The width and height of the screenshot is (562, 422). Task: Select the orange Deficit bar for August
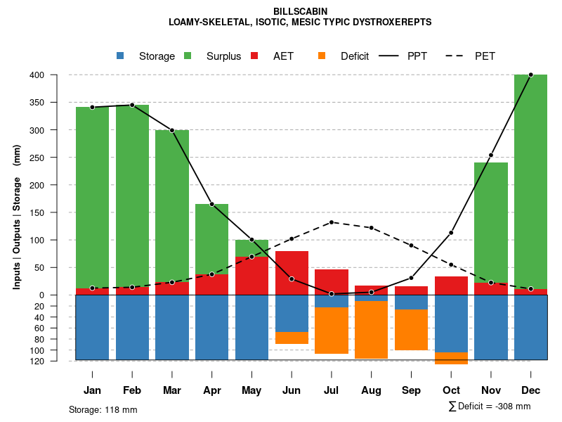pos(371,329)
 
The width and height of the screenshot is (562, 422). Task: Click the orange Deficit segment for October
pos(451,358)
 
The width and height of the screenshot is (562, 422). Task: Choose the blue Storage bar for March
pos(172,327)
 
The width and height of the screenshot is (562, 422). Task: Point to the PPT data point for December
pos(530,75)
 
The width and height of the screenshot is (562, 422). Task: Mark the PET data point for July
pos(332,222)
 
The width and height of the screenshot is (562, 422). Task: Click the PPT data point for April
pos(211,204)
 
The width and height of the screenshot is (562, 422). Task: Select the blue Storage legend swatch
pos(120,56)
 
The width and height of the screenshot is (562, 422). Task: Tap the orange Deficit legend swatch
pos(322,56)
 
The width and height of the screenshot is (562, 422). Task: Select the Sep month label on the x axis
pos(411,390)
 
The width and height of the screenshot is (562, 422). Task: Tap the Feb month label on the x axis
pos(132,390)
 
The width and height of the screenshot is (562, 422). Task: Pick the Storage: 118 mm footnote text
pos(103,409)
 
